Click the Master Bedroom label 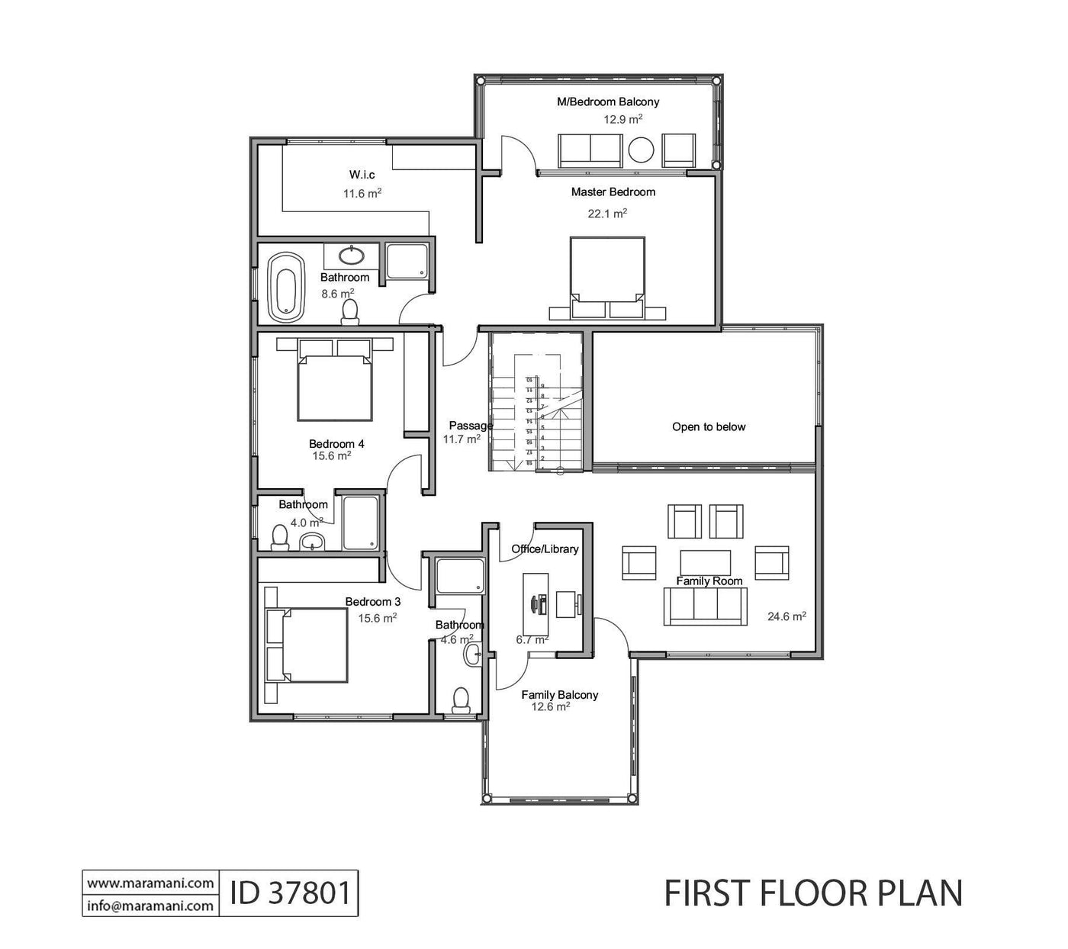click(613, 192)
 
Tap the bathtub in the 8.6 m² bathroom click(285, 287)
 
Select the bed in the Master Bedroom click(608, 275)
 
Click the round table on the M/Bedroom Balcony click(641, 150)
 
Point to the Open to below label click(709, 427)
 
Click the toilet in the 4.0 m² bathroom click(280, 538)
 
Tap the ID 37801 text click(289, 893)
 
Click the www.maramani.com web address click(150, 883)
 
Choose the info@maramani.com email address click(150, 906)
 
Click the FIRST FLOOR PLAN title click(813, 893)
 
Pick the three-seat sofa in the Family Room click(706, 606)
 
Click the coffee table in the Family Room click(706, 563)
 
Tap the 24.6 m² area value click(787, 616)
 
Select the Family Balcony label click(559, 695)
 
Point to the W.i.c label click(362, 175)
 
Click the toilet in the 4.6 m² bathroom click(461, 700)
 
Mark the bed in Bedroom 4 click(335, 385)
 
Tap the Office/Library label click(545, 549)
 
